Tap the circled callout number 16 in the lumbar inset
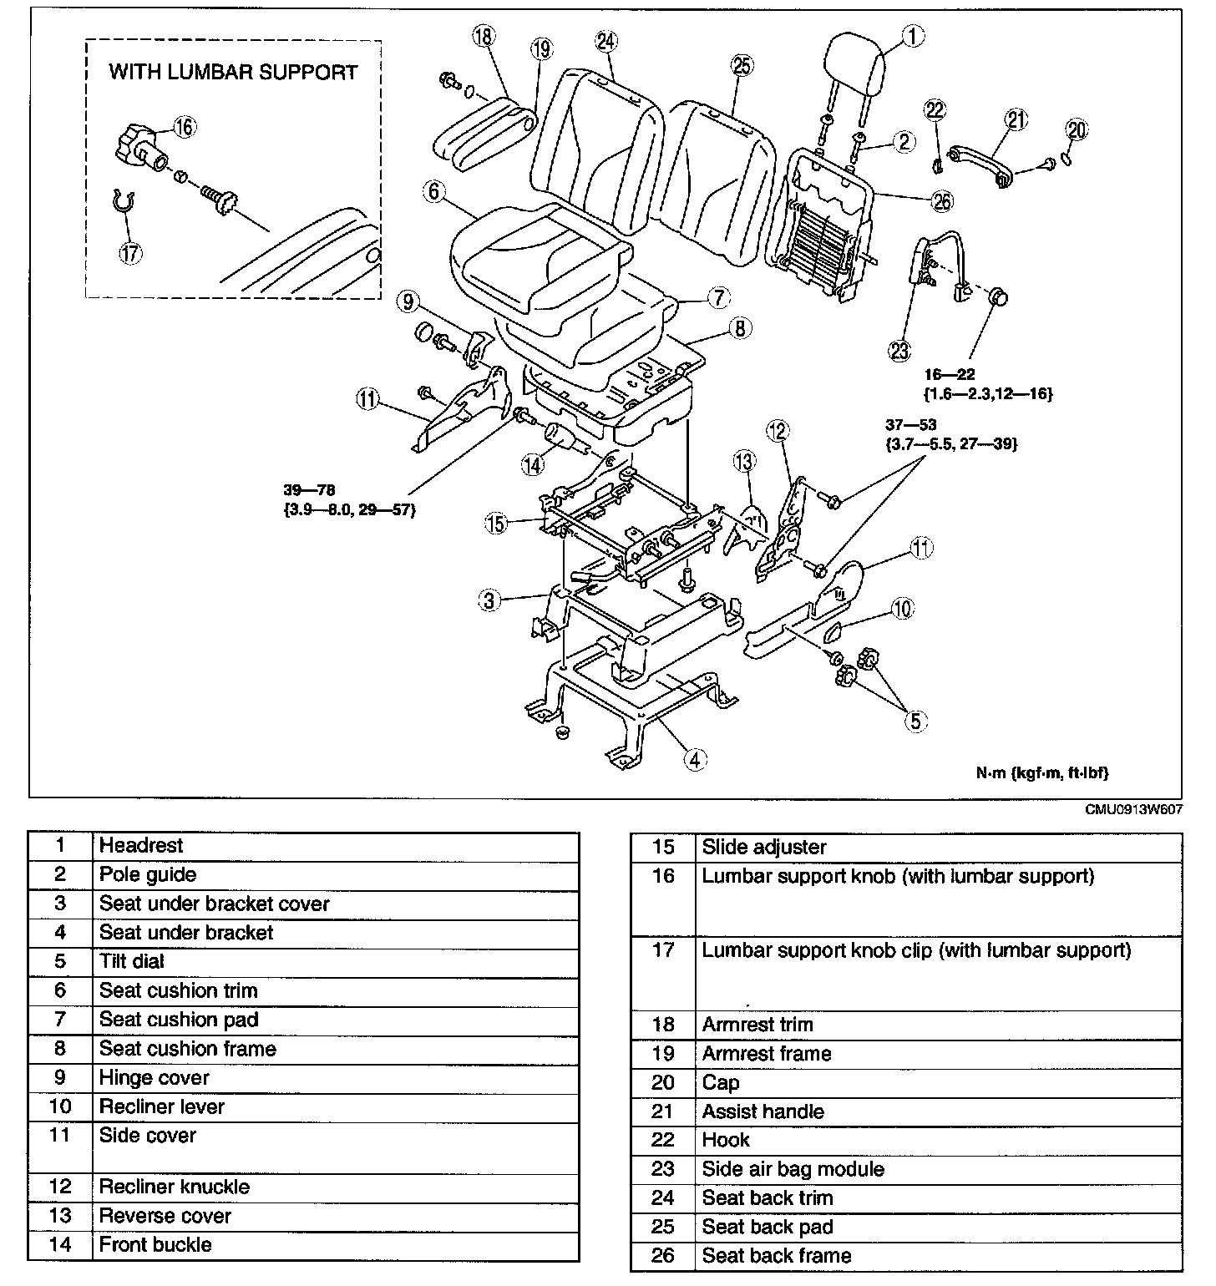[184, 126]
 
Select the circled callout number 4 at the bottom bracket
[695, 758]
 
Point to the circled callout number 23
[899, 351]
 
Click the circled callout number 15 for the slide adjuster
[496, 524]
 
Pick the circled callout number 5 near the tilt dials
[915, 720]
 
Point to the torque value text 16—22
[949, 375]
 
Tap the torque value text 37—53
[911, 426]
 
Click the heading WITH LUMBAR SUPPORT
[233, 72]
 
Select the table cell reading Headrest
[141, 845]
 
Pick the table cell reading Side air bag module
[793, 1169]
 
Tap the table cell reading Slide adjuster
[764, 847]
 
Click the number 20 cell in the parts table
[662, 1083]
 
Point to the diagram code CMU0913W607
[1133, 810]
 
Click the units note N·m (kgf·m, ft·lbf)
[1042, 773]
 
